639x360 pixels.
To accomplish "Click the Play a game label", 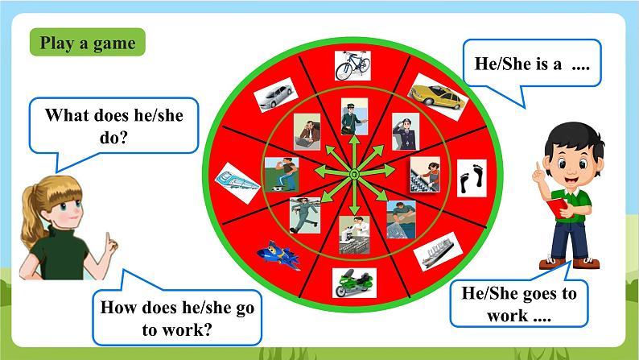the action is click(x=87, y=43).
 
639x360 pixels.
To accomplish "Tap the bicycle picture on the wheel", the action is click(x=352, y=65).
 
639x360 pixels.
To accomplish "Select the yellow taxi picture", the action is click(x=438, y=97).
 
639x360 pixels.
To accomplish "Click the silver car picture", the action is click(x=276, y=94).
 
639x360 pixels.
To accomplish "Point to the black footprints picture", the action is click(x=472, y=178).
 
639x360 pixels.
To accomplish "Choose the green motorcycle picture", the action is click(x=354, y=283).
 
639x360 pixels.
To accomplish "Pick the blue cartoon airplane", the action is click(x=278, y=254).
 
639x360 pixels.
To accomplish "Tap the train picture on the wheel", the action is click(x=237, y=183).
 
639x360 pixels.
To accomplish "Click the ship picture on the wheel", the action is click(x=438, y=251).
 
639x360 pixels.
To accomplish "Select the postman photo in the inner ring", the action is click(x=354, y=117).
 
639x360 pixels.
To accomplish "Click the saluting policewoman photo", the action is click(x=406, y=132).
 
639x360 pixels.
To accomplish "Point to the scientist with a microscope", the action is click(x=354, y=235).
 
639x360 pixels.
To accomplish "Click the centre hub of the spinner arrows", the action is click(x=355, y=175).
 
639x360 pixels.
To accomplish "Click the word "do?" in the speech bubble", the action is click(x=113, y=138).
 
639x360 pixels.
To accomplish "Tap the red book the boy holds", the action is click(x=557, y=207).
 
